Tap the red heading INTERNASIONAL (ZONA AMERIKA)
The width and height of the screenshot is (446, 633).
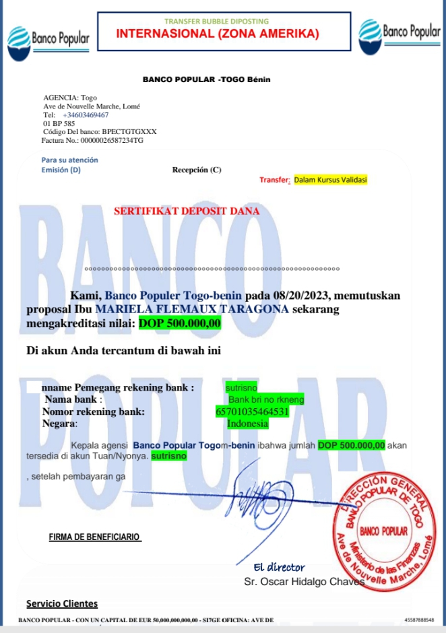(x=218, y=34)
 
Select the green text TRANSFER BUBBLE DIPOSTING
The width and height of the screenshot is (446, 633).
(x=217, y=21)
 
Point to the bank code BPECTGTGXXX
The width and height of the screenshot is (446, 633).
(x=129, y=132)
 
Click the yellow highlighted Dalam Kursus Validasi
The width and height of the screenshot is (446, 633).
(x=331, y=180)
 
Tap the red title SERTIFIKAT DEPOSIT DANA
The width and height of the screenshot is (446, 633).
(x=187, y=211)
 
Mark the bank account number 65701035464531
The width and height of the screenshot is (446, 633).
(x=251, y=411)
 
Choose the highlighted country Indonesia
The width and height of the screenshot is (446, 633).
(x=247, y=424)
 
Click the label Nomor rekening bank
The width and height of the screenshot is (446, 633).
(x=93, y=411)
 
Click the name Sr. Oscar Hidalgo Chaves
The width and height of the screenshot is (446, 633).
(x=304, y=581)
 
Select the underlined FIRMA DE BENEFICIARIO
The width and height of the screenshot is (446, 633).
(x=94, y=537)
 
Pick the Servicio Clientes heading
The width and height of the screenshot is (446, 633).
(x=62, y=603)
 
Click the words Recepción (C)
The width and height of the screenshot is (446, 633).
(x=197, y=170)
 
